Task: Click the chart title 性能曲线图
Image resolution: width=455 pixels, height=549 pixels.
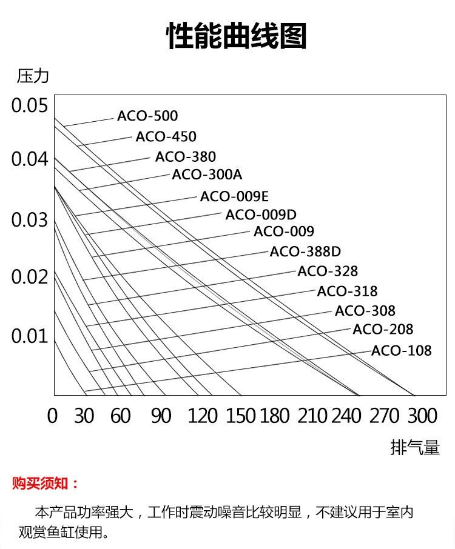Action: click(x=237, y=36)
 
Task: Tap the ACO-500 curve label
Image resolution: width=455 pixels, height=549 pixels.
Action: click(x=147, y=116)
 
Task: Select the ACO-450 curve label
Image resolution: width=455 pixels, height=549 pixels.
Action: click(x=166, y=136)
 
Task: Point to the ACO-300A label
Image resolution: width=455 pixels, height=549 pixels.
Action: click(x=207, y=175)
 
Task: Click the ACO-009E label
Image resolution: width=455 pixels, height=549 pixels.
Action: click(x=234, y=196)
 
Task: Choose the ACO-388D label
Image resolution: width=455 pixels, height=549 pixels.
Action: click(x=305, y=251)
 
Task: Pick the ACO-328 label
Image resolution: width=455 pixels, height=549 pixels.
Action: click(x=328, y=271)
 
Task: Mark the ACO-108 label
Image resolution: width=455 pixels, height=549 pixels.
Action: click(x=401, y=351)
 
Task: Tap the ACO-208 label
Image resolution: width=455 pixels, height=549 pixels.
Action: click(x=383, y=330)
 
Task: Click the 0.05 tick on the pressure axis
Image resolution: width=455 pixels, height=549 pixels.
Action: click(x=29, y=105)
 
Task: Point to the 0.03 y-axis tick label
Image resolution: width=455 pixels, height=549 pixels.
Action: click(x=29, y=220)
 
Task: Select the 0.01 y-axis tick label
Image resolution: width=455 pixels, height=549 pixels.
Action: click(x=29, y=336)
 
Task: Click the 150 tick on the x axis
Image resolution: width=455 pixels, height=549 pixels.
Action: click(x=241, y=416)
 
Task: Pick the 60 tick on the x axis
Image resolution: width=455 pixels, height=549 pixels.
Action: click(x=121, y=416)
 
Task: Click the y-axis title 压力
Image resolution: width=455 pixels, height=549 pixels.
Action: click(x=33, y=77)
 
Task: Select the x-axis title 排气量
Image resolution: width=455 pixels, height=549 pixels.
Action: click(x=415, y=448)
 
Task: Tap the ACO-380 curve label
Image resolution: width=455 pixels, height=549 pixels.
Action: click(x=185, y=156)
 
